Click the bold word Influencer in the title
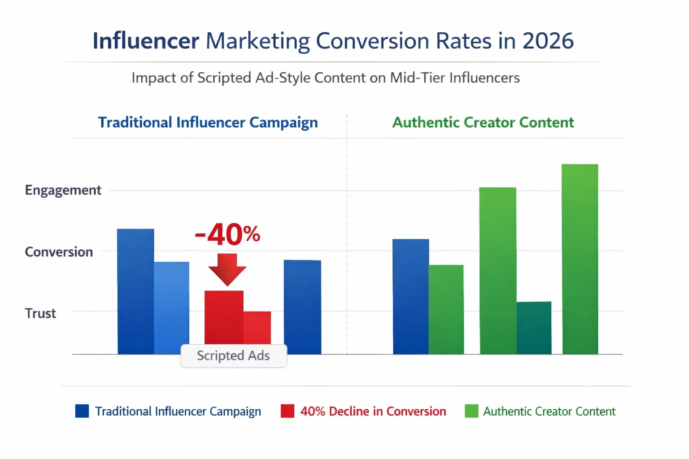(x=146, y=41)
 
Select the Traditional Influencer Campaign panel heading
(x=208, y=122)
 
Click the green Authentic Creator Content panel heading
(x=483, y=122)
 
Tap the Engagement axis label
(x=63, y=190)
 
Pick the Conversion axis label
(x=59, y=252)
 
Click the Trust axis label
(x=40, y=313)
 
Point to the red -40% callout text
(x=227, y=234)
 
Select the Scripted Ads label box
(x=233, y=356)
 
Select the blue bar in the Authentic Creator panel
(x=410, y=296)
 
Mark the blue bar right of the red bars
(x=302, y=307)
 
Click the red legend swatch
(x=288, y=411)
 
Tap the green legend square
(x=471, y=411)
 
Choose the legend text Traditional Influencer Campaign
(x=178, y=411)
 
